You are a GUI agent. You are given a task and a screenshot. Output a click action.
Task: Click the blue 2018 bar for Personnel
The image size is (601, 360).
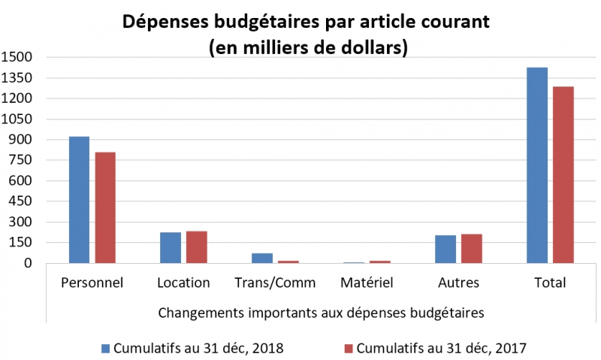pyautogui.click(x=79, y=200)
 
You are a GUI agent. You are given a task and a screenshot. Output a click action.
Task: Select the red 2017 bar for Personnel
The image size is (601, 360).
pyautogui.click(x=105, y=208)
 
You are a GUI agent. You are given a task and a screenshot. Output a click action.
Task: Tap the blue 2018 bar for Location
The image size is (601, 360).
pyautogui.click(x=171, y=248)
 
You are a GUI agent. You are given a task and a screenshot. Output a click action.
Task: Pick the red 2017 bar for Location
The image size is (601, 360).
pyautogui.click(x=197, y=247)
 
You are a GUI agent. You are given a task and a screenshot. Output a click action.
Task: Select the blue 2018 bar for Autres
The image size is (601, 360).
pyautogui.click(x=445, y=250)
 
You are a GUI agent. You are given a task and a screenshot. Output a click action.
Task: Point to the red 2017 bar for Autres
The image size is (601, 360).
pyautogui.click(x=472, y=249)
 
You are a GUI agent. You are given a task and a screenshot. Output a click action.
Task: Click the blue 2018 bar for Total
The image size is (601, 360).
pyautogui.click(x=537, y=165)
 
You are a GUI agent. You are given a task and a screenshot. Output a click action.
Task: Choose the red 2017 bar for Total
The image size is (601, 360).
pyautogui.click(x=563, y=175)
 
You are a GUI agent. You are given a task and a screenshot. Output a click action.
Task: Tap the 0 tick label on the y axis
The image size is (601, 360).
pyautogui.click(x=28, y=263)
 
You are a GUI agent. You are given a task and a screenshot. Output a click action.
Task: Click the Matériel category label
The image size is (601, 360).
pyautogui.click(x=367, y=283)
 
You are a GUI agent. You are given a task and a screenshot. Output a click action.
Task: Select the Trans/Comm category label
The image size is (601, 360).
pyautogui.click(x=275, y=283)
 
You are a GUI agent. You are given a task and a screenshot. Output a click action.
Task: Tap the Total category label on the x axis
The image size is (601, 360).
pyautogui.click(x=550, y=283)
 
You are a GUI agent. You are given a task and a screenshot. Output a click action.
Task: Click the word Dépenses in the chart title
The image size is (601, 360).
pyautogui.click(x=165, y=22)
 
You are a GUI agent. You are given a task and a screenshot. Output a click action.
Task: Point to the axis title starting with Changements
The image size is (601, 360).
pyautogui.click(x=320, y=311)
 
